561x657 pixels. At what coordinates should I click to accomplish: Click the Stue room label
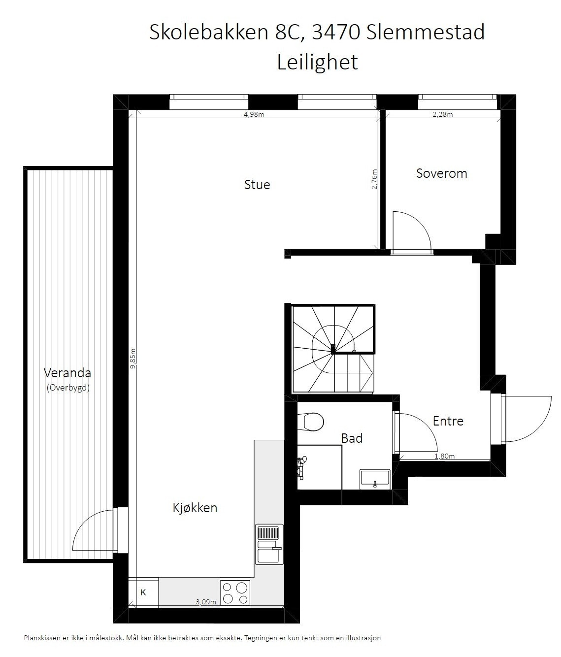257,185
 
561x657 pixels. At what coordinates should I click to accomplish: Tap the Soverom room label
441,173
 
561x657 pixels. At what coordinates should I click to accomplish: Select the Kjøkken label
195,508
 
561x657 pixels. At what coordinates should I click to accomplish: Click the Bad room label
352,438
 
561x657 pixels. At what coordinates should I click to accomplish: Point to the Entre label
448,421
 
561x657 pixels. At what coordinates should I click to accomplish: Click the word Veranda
67,372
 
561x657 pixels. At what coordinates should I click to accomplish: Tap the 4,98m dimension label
255,115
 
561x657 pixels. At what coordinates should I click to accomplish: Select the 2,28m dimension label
442,115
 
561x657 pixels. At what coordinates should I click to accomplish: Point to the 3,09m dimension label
206,602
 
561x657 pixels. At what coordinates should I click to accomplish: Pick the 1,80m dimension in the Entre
444,457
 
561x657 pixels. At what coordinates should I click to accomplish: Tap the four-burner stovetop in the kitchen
235,592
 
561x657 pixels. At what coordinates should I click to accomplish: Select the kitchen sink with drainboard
269,544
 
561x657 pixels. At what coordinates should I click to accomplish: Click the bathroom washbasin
375,478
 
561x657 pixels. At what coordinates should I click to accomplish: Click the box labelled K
143,592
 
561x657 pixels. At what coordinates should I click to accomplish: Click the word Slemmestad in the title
425,33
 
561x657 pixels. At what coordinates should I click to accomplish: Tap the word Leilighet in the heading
317,63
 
